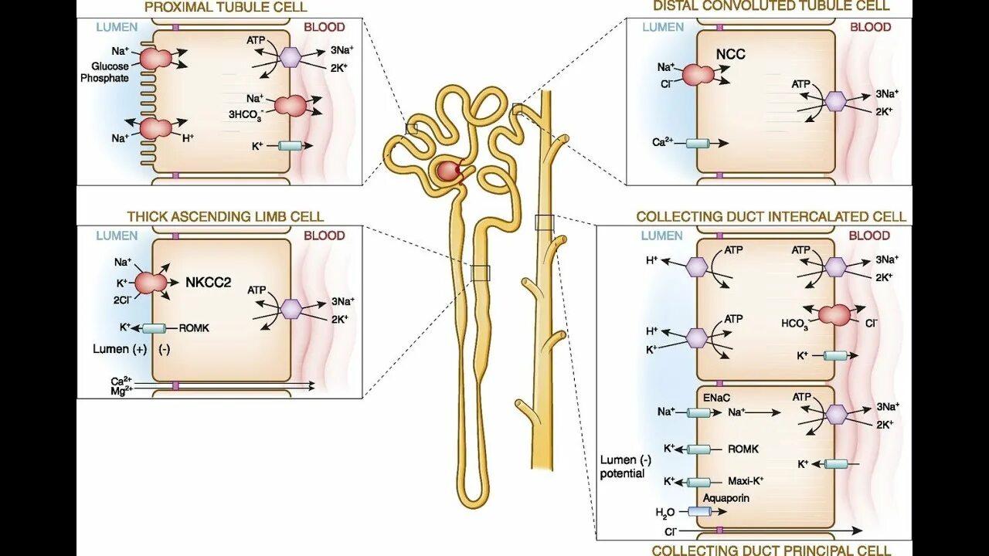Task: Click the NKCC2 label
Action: point(208,283)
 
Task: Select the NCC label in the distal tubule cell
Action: point(730,54)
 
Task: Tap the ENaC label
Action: point(716,396)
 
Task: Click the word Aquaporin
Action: point(726,499)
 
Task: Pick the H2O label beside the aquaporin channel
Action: point(665,512)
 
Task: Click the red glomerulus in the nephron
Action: point(448,171)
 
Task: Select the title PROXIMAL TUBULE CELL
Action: point(226,7)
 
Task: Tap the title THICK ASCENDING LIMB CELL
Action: point(225,217)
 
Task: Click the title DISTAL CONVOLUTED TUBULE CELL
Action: point(771,6)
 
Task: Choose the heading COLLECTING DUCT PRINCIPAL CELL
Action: point(771,551)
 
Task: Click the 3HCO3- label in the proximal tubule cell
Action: point(246,115)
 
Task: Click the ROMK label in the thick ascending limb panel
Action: point(194,328)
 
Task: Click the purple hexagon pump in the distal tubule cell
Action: point(835,101)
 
